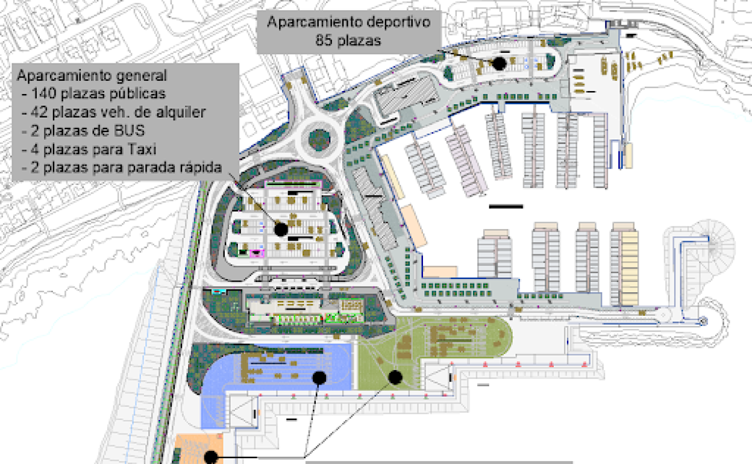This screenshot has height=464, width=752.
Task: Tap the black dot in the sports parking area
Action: point(499,62)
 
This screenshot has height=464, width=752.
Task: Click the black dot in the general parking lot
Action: point(281,228)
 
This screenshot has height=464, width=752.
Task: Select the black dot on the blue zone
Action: point(319,378)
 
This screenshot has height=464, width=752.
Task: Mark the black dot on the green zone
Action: point(395,378)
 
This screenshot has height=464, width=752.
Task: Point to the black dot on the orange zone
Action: point(210,458)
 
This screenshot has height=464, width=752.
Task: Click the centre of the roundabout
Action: point(319,139)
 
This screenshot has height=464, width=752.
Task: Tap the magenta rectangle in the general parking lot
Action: point(257,253)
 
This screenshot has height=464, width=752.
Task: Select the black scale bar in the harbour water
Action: point(506,207)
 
